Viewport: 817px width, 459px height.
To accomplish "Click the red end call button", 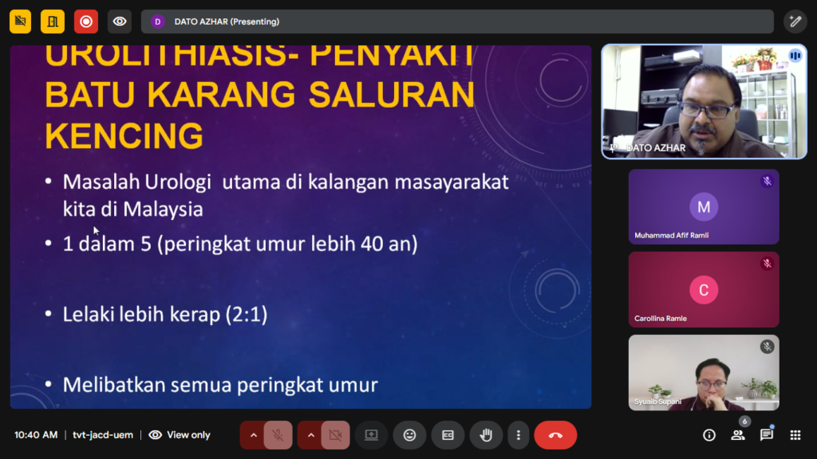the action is pyautogui.click(x=555, y=435).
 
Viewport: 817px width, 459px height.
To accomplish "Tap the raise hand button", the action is pyautogui.click(x=486, y=435).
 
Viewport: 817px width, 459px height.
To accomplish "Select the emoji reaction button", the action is pyautogui.click(x=409, y=435).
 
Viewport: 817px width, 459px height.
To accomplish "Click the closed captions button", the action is pyautogui.click(x=448, y=435).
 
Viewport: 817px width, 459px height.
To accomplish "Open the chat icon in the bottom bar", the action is pyautogui.click(x=767, y=434).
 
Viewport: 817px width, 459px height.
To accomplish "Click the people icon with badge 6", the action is pyautogui.click(x=738, y=434).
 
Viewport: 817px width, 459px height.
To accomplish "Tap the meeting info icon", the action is pyautogui.click(x=709, y=435).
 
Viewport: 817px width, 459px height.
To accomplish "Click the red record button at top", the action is pyautogui.click(x=86, y=22).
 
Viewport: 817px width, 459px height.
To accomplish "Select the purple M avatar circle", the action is pyautogui.click(x=704, y=207).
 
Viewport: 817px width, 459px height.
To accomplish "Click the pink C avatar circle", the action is pyautogui.click(x=704, y=290).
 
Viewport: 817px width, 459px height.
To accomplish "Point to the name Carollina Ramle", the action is pyautogui.click(x=660, y=319).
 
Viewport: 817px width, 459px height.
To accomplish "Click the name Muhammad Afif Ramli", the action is pyautogui.click(x=671, y=235).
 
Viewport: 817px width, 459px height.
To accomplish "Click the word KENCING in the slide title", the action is pyautogui.click(x=124, y=135).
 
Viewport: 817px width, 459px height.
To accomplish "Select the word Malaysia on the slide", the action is pyautogui.click(x=163, y=210).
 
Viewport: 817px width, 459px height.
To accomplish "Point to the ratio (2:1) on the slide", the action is pyautogui.click(x=247, y=314).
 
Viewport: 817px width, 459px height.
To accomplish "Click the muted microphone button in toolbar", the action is pyautogui.click(x=278, y=435).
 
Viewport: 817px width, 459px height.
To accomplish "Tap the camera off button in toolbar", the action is pyautogui.click(x=335, y=435).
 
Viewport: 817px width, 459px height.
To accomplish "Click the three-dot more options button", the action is pyautogui.click(x=518, y=435).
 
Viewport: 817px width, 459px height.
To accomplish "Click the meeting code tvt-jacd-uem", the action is pyautogui.click(x=103, y=435).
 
